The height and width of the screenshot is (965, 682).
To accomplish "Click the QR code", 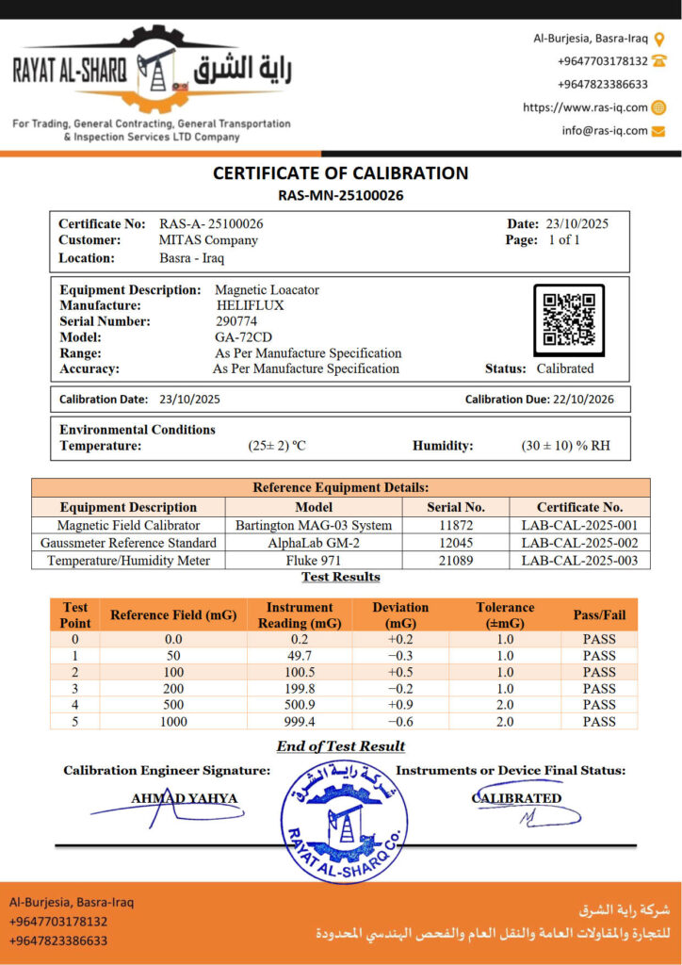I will tap(568, 320).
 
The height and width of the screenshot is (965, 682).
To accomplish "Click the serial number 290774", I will tap(236, 321).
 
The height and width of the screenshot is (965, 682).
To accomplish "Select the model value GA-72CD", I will tap(244, 337).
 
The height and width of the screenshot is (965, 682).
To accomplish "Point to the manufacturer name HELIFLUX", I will tap(250, 305).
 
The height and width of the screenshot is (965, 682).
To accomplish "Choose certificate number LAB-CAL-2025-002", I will tap(579, 543).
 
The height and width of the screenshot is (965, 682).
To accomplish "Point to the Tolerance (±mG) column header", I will tap(505, 615).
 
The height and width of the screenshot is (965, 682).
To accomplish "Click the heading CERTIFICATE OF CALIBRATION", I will tap(340, 173).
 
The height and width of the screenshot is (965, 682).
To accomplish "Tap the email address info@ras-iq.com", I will tap(605, 131).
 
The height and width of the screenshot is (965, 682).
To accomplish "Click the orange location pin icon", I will tap(659, 39).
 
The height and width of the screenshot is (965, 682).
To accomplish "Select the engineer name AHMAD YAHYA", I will tap(184, 799).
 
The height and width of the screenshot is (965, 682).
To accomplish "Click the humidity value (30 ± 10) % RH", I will tap(565, 446).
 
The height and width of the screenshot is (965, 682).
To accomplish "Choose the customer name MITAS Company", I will tap(208, 240).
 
